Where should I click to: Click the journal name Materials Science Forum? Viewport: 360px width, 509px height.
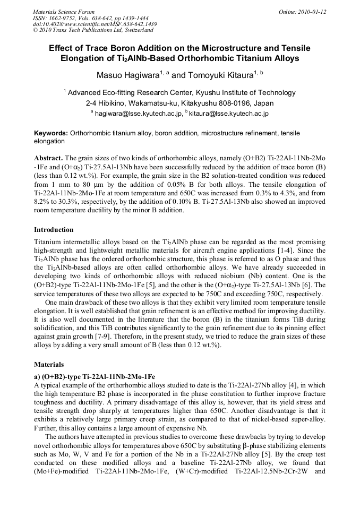(x=64, y=12)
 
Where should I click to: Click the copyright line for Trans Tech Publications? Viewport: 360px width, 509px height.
(x=93, y=30)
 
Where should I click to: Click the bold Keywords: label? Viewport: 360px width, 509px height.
(x=51, y=134)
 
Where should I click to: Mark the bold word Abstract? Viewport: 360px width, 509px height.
(x=48, y=158)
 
